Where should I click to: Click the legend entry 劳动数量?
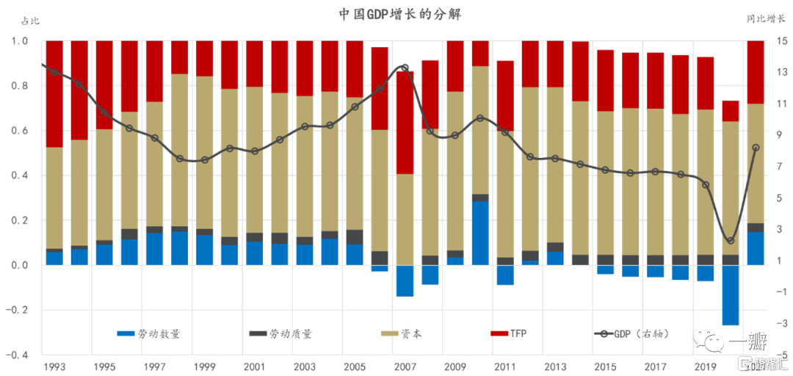[x=159, y=333]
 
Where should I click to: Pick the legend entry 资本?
[x=411, y=333]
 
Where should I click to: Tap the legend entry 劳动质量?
[x=290, y=333]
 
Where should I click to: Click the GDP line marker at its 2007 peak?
[x=405, y=68]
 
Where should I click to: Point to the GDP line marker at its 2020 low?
[x=731, y=240]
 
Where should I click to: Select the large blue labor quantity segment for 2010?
[x=480, y=232]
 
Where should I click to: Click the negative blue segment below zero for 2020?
[x=730, y=294]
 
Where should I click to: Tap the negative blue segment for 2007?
[x=405, y=281]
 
